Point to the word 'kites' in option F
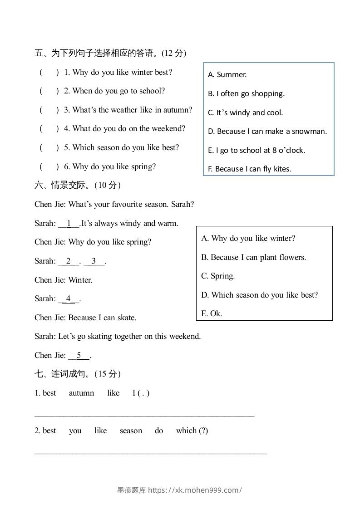[282, 169]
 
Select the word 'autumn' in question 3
[178, 110]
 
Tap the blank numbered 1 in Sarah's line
[69, 223]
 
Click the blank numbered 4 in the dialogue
[69, 299]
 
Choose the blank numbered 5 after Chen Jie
[79, 355]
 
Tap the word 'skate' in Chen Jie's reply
[126, 318]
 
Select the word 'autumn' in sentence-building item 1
[81, 393]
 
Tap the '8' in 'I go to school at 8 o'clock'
[274, 151]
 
